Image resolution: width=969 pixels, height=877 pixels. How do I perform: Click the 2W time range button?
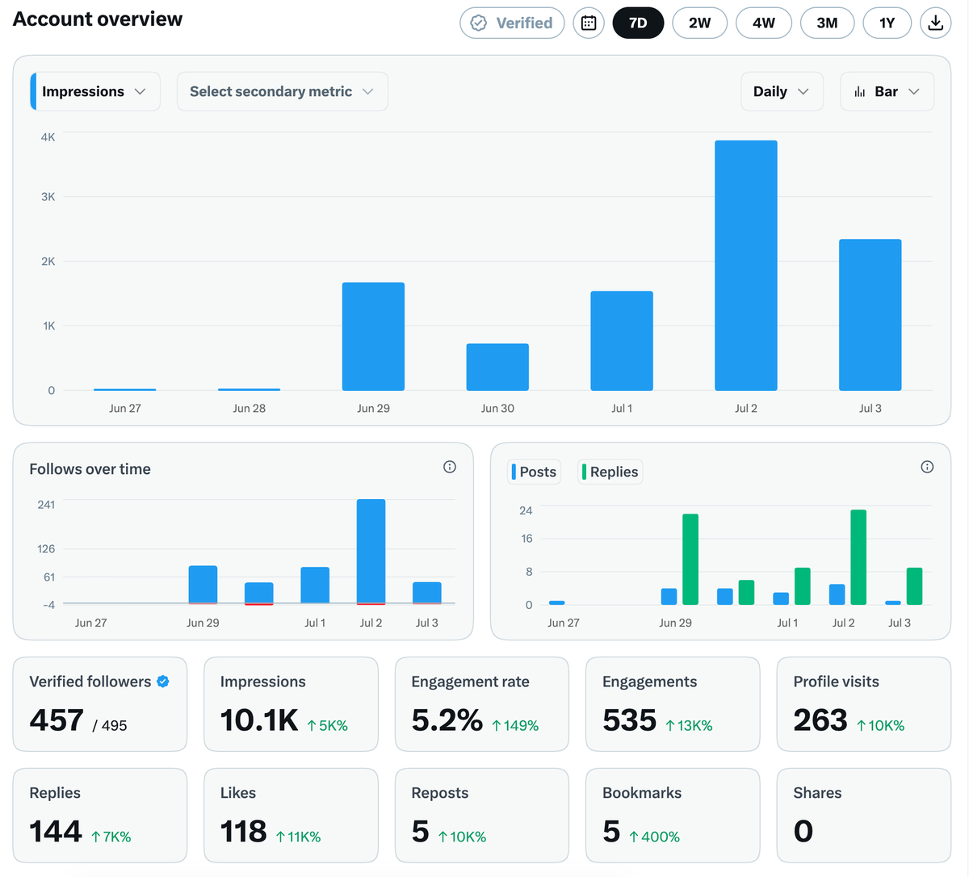pos(699,23)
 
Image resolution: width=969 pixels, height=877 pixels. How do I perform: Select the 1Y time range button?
pos(887,23)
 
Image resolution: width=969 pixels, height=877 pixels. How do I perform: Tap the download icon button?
pos(935,23)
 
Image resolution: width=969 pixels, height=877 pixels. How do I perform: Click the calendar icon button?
pos(589,23)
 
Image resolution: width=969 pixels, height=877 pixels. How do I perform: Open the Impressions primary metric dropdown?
pos(95,91)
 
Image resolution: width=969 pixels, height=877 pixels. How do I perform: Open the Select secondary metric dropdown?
pos(282,91)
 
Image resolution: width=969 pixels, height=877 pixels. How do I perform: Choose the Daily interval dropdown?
pos(782,91)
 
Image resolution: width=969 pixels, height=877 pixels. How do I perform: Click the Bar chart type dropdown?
pos(887,91)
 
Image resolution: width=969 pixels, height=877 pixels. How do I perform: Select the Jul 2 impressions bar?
pos(746,265)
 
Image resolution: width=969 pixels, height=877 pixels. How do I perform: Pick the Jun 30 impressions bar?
pos(497,367)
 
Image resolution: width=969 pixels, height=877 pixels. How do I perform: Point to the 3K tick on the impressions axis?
pos(48,197)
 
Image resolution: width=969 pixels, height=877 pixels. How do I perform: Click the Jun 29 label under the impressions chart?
pos(373,409)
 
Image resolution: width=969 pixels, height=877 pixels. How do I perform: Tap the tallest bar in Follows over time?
pos(371,552)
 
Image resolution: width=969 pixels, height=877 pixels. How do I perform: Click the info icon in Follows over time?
pos(450,467)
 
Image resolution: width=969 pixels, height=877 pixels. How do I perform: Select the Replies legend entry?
pos(610,472)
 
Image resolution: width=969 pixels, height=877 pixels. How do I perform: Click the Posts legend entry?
pos(534,472)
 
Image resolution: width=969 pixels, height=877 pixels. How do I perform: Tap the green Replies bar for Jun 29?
pos(690,559)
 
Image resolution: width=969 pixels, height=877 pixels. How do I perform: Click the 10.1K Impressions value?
pos(259,720)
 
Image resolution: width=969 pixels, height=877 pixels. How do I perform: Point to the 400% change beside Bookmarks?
pos(655,837)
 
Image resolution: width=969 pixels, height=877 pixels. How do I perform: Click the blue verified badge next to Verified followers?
pos(163,682)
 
